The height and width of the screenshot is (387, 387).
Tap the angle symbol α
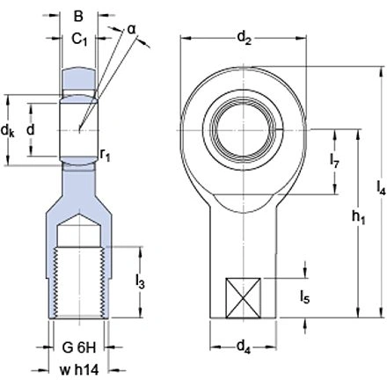coord(131,28)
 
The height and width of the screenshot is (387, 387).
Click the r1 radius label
coord(106,156)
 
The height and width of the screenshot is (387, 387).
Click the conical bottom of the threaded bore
coord(77,234)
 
